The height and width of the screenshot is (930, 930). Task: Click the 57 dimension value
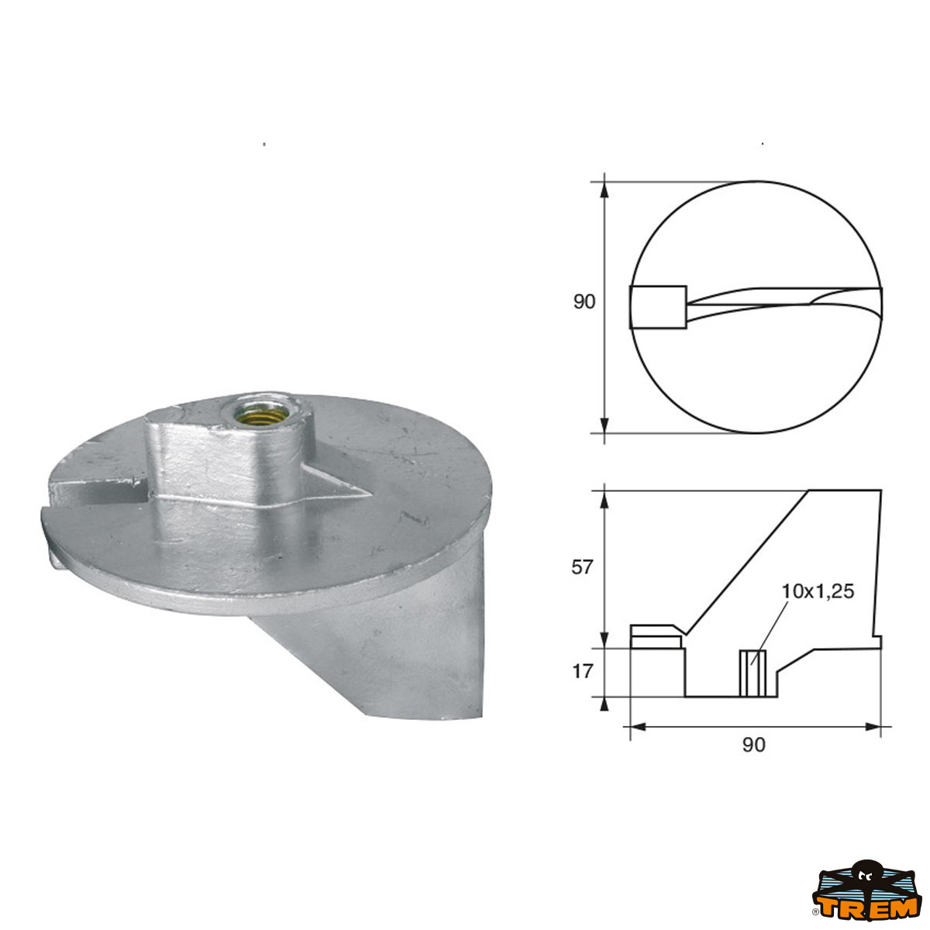tap(582, 567)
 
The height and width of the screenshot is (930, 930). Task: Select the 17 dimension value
tap(583, 671)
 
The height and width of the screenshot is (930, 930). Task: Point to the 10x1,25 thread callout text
tap(818, 591)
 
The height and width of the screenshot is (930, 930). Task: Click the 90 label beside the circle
tap(584, 302)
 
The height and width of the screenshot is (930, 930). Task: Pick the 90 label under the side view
tap(754, 745)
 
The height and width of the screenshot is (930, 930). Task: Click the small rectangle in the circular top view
tap(658, 307)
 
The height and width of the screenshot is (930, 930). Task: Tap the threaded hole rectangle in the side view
tap(753, 673)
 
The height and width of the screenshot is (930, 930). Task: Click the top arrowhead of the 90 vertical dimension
tap(604, 190)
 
